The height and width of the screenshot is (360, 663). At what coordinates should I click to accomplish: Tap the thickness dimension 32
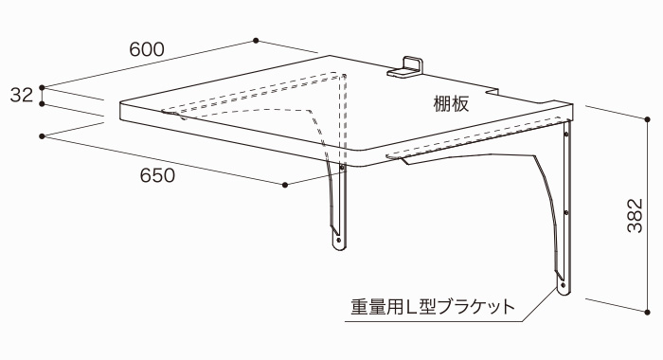21,95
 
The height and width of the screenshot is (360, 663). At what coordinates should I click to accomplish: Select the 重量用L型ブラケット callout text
432,308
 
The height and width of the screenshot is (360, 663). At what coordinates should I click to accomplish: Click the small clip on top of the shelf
408,66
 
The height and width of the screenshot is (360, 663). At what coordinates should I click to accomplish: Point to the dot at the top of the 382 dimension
647,118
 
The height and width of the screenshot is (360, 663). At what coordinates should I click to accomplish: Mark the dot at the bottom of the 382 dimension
647,310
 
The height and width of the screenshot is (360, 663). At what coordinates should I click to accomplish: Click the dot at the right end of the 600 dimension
257,40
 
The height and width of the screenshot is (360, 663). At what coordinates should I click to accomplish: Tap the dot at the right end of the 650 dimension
285,185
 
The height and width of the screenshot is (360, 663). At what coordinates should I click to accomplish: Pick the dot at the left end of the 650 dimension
43,136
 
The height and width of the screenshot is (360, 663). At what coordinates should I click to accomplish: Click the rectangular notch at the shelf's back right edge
495,93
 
